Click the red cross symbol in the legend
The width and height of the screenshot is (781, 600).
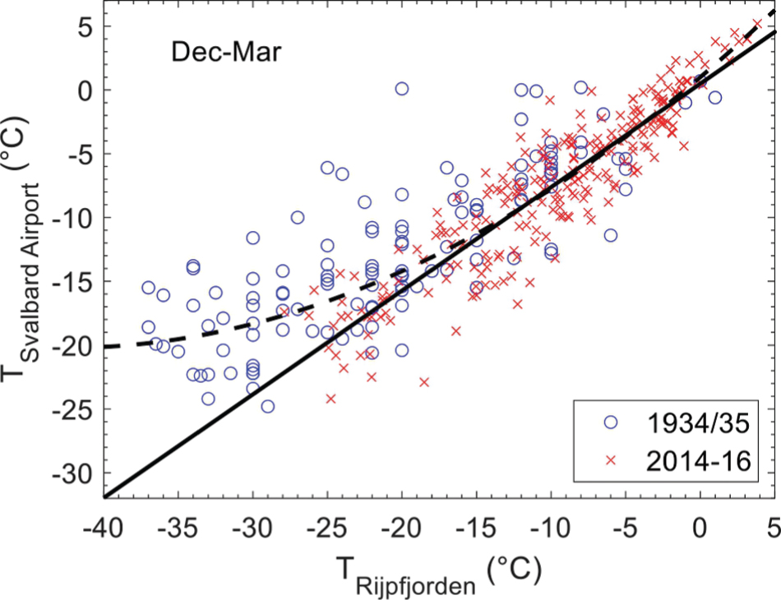(610, 462)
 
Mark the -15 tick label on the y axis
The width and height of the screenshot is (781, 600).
(72, 282)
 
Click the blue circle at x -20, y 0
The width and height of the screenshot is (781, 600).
(402, 89)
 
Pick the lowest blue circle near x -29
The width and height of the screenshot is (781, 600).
(267, 406)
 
